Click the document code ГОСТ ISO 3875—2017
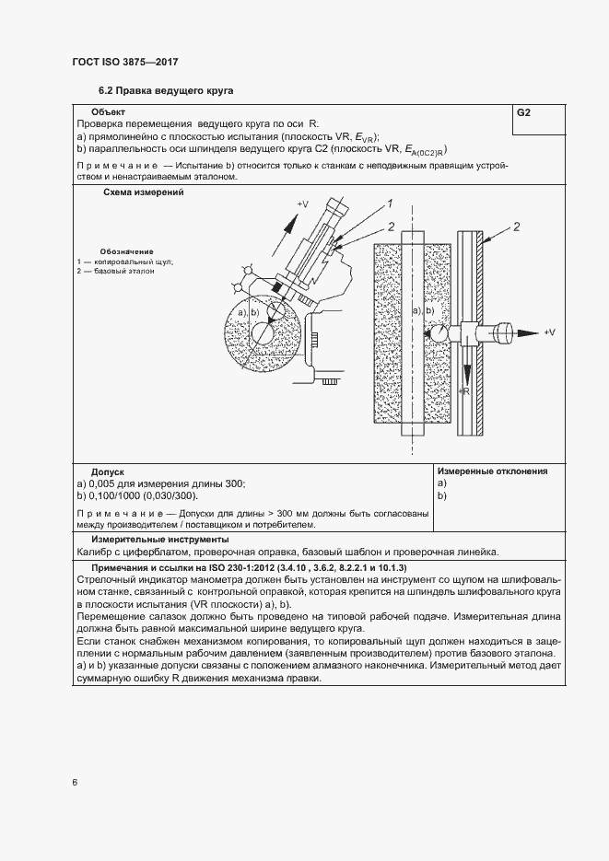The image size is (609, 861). tap(124, 62)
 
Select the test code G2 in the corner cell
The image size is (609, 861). tap(523, 112)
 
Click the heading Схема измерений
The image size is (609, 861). tap(142, 193)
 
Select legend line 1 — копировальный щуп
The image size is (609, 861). tap(125, 262)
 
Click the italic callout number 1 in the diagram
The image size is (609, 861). tap(390, 204)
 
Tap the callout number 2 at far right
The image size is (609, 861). tap(517, 227)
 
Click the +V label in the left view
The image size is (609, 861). tap(302, 204)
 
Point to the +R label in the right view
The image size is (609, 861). tap(464, 392)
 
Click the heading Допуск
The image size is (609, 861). tap(107, 471)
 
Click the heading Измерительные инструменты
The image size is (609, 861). tap(159, 540)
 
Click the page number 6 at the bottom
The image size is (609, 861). tap(74, 783)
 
